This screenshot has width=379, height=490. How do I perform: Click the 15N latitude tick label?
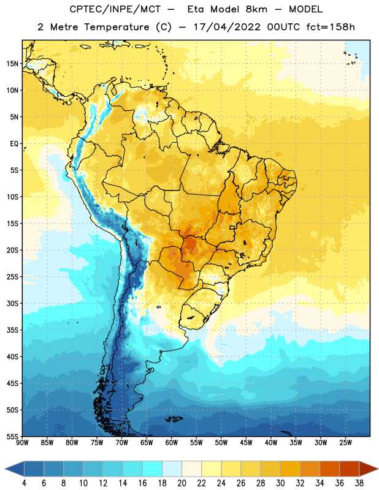click(x=12, y=64)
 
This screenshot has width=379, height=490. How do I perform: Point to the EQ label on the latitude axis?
click(x=14, y=144)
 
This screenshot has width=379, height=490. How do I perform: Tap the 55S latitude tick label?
click(x=12, y=436)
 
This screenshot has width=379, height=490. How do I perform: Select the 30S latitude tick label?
click(x=12, y=303)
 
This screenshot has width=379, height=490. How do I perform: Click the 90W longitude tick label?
click(x=22, y=443)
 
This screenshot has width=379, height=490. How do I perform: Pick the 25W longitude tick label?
click(x=345, y=443)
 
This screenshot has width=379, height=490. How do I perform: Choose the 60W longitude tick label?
click(x=172, y=443)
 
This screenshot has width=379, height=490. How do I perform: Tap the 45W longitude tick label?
click(x=246, y=443)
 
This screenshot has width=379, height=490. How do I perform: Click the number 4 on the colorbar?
click(x=24, y=483)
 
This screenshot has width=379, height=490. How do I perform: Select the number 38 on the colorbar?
click(x=359, y=483)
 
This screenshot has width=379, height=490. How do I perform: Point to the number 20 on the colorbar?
click(x=182, y=483)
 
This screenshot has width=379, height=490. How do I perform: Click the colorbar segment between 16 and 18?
click(x=153, y=469)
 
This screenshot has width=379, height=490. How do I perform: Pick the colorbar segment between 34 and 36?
click(x=329, y=469)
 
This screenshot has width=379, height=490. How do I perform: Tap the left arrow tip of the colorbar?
click(x=5, y=469)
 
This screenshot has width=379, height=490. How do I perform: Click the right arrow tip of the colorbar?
click(x=378, y=469)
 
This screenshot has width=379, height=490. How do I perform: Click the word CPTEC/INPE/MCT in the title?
click(x=115, y=9)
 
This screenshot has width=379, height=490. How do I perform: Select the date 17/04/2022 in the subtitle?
click(x=227, y=27)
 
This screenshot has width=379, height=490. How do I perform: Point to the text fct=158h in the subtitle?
click(x=331, y=27)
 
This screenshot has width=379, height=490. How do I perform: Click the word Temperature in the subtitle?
click(x=117, y=28)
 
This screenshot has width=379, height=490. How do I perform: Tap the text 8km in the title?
click(x=256, y=9)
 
